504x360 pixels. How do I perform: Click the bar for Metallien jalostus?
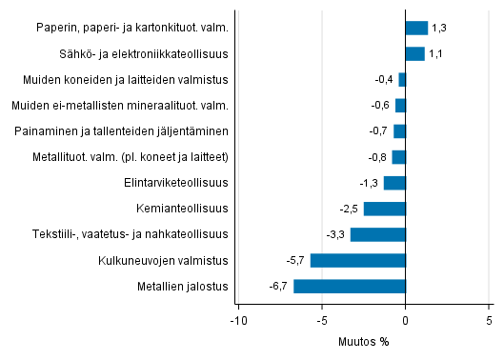(x=350, y=286)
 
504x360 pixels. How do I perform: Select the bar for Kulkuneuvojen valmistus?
(x=358, y=260)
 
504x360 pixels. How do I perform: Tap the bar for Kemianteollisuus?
(x=385, y=209)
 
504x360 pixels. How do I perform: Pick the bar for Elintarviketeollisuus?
(x=394, y=183)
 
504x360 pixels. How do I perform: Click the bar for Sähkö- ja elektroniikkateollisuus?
(x=415, y=53)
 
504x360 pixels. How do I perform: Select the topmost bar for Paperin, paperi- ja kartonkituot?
(x=417, y=28)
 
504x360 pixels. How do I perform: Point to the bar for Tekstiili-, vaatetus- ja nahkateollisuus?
(x=378, y=234)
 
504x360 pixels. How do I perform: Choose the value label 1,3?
(x=438, y=28)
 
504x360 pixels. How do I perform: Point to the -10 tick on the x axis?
(x=237, y=320)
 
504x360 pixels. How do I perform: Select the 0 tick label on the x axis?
(x=406, y=320)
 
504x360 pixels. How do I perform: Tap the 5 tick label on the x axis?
(x=490, y=320)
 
